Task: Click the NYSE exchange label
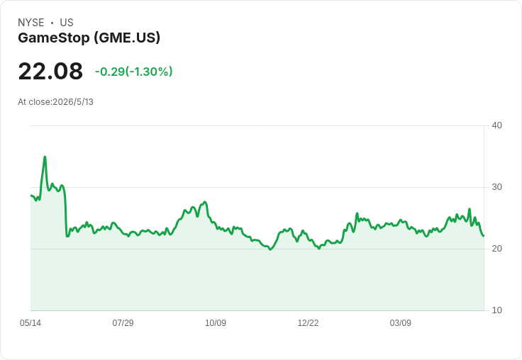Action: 31,23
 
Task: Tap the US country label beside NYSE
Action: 67,23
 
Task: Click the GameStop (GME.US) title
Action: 89,38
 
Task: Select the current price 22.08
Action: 50,71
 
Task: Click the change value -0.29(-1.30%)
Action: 134,72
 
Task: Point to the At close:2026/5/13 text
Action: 55,102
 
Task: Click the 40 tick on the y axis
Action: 496,125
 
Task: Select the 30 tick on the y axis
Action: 496,187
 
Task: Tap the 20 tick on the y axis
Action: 496,249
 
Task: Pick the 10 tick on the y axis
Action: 496,310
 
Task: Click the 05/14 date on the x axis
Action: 30,322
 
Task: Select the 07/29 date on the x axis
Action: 123,322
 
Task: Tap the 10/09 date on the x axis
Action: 216,322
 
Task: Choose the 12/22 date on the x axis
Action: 308,322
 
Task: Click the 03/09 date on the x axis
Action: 401,322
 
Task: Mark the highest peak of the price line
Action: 45,157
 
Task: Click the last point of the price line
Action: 484,236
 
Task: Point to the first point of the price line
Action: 31,196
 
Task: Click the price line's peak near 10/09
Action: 205,202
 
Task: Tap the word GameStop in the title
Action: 54,38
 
